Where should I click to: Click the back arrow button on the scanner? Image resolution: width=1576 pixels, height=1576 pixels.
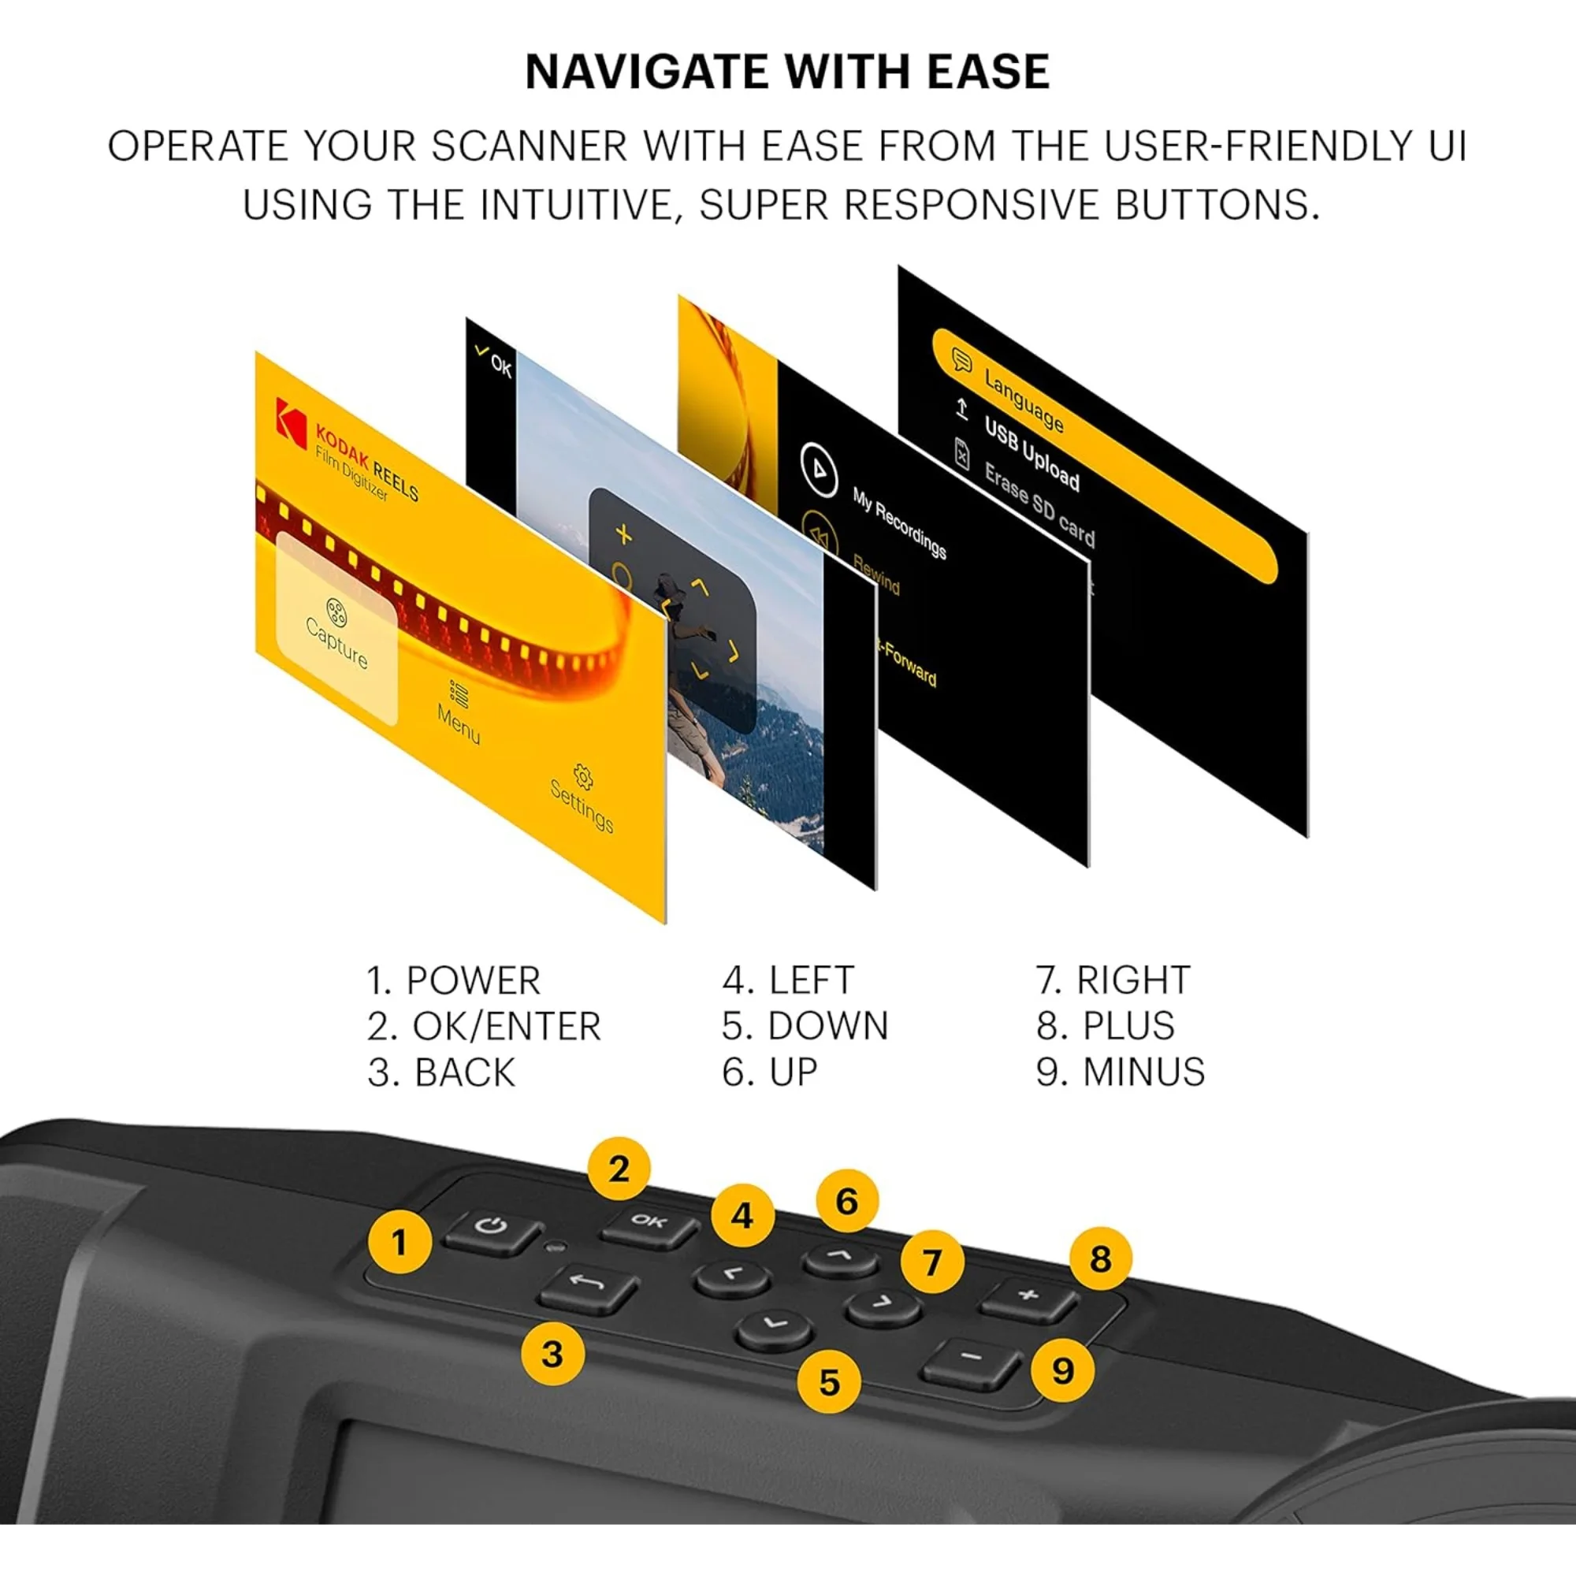(587, 1288)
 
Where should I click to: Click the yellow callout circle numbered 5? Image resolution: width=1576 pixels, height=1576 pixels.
(829, 1382)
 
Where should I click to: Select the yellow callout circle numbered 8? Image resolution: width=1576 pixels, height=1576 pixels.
(1099, 1258)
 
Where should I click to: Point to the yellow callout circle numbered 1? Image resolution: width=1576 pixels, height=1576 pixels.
(399, 1243)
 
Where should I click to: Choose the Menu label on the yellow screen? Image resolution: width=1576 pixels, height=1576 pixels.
(459, 714)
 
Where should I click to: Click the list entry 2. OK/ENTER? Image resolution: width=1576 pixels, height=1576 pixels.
(484, 1026)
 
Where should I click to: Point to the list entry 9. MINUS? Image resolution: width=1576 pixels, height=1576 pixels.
(1120, 1072)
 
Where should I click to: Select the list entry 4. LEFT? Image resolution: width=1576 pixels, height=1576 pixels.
(788, 979)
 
